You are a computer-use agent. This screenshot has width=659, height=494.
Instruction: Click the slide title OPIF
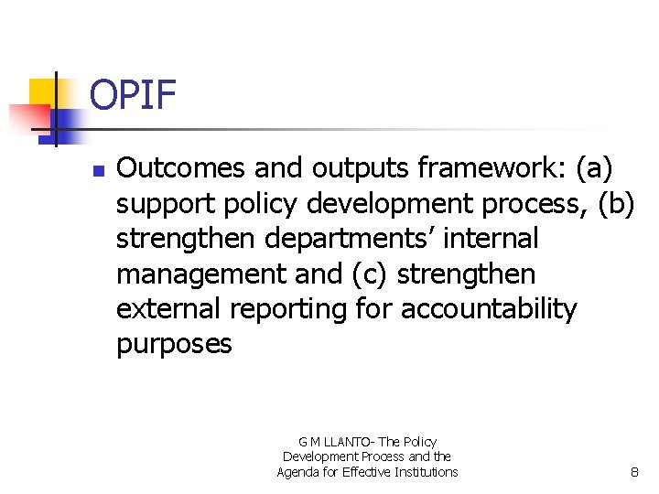134,94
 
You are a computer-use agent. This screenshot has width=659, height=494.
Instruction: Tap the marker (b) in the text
615,204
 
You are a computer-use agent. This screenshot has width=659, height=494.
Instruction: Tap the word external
168,309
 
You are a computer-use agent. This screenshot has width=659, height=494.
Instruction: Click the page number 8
634,472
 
